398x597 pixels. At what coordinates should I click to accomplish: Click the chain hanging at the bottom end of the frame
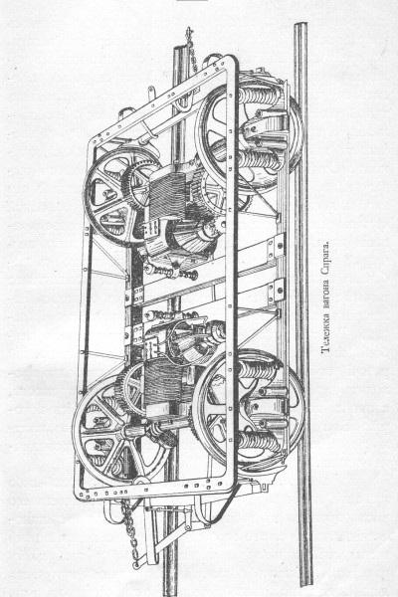130,533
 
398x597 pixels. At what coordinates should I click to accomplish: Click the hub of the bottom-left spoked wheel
128,432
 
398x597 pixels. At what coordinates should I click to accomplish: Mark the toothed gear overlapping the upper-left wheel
140,185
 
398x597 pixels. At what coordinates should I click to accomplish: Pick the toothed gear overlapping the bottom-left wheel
131,388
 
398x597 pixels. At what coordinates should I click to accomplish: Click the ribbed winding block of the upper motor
167,195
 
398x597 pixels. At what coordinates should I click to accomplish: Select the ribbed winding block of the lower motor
164,376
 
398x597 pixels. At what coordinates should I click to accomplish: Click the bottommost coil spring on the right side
259,443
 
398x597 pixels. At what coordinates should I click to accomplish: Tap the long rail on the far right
303,304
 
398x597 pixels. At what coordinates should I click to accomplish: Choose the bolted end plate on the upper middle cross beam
276,247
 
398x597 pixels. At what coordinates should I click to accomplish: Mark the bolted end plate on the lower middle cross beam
278,292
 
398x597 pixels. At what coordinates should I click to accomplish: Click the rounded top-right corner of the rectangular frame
233,61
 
